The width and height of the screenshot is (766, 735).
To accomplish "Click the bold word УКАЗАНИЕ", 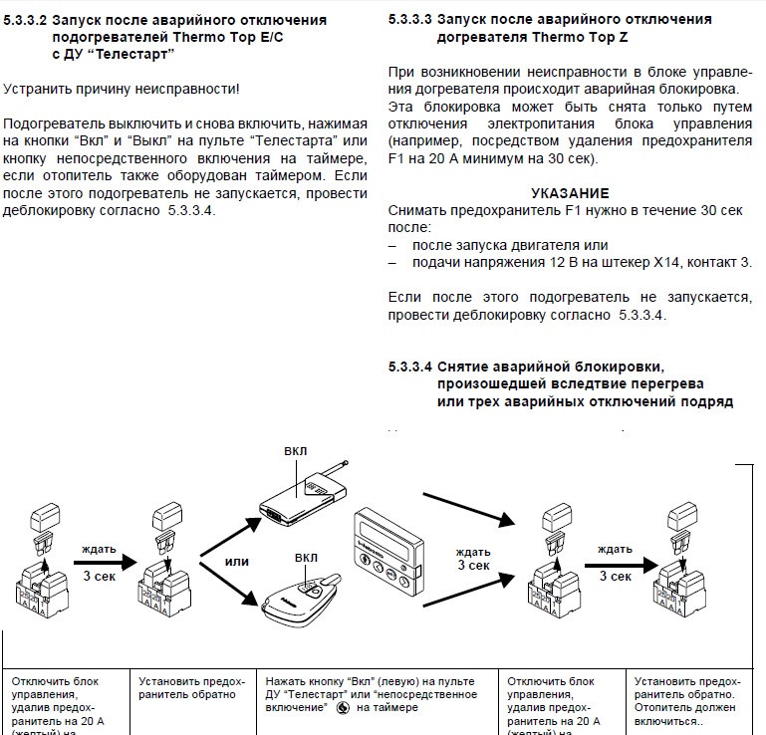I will point(570,192).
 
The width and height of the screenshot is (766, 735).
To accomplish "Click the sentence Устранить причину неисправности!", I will point(122,90).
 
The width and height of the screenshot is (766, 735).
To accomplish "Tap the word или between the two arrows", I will point(237,562).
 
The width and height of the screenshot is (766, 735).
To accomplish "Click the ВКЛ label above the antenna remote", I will point(295,450).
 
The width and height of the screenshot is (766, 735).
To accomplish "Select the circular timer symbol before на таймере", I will point(343,708).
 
